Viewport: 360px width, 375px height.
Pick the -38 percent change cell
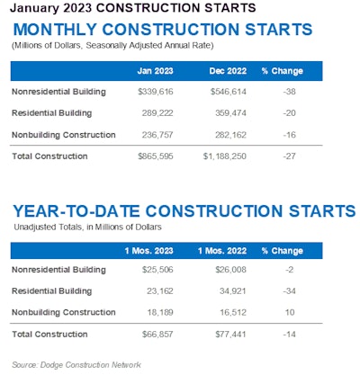291,92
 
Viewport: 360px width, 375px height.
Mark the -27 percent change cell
291,156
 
